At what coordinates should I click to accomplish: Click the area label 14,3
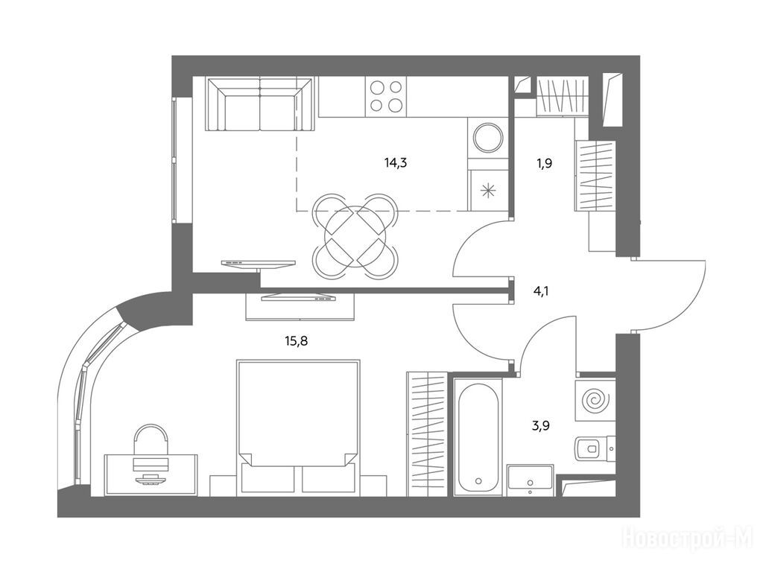(395, 163)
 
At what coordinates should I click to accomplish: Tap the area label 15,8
(297, 341)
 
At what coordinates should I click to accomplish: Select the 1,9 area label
(544, 163)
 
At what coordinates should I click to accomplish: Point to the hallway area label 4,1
(541, 292)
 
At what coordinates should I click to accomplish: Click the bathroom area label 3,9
(541, 426)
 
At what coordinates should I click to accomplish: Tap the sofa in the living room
(260, 104)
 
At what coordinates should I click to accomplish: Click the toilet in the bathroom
(595, 448)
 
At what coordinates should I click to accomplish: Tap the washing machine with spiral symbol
(595, 401)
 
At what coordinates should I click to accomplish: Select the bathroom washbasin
(530, 480)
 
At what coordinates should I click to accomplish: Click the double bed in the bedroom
(298, 428)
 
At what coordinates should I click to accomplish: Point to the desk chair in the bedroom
(151, 439)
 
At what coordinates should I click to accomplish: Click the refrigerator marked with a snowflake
(487, 190)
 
